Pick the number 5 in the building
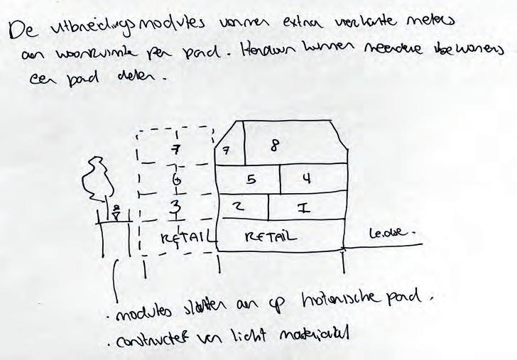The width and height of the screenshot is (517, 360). click(x=251, y=180)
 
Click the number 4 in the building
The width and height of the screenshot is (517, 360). click(x=307, y=179)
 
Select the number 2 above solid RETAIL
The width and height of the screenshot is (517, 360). click(x=240, y=207)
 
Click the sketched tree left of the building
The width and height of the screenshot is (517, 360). click(x=97, y=180)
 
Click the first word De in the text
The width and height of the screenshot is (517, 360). click(x=22, y=31)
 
